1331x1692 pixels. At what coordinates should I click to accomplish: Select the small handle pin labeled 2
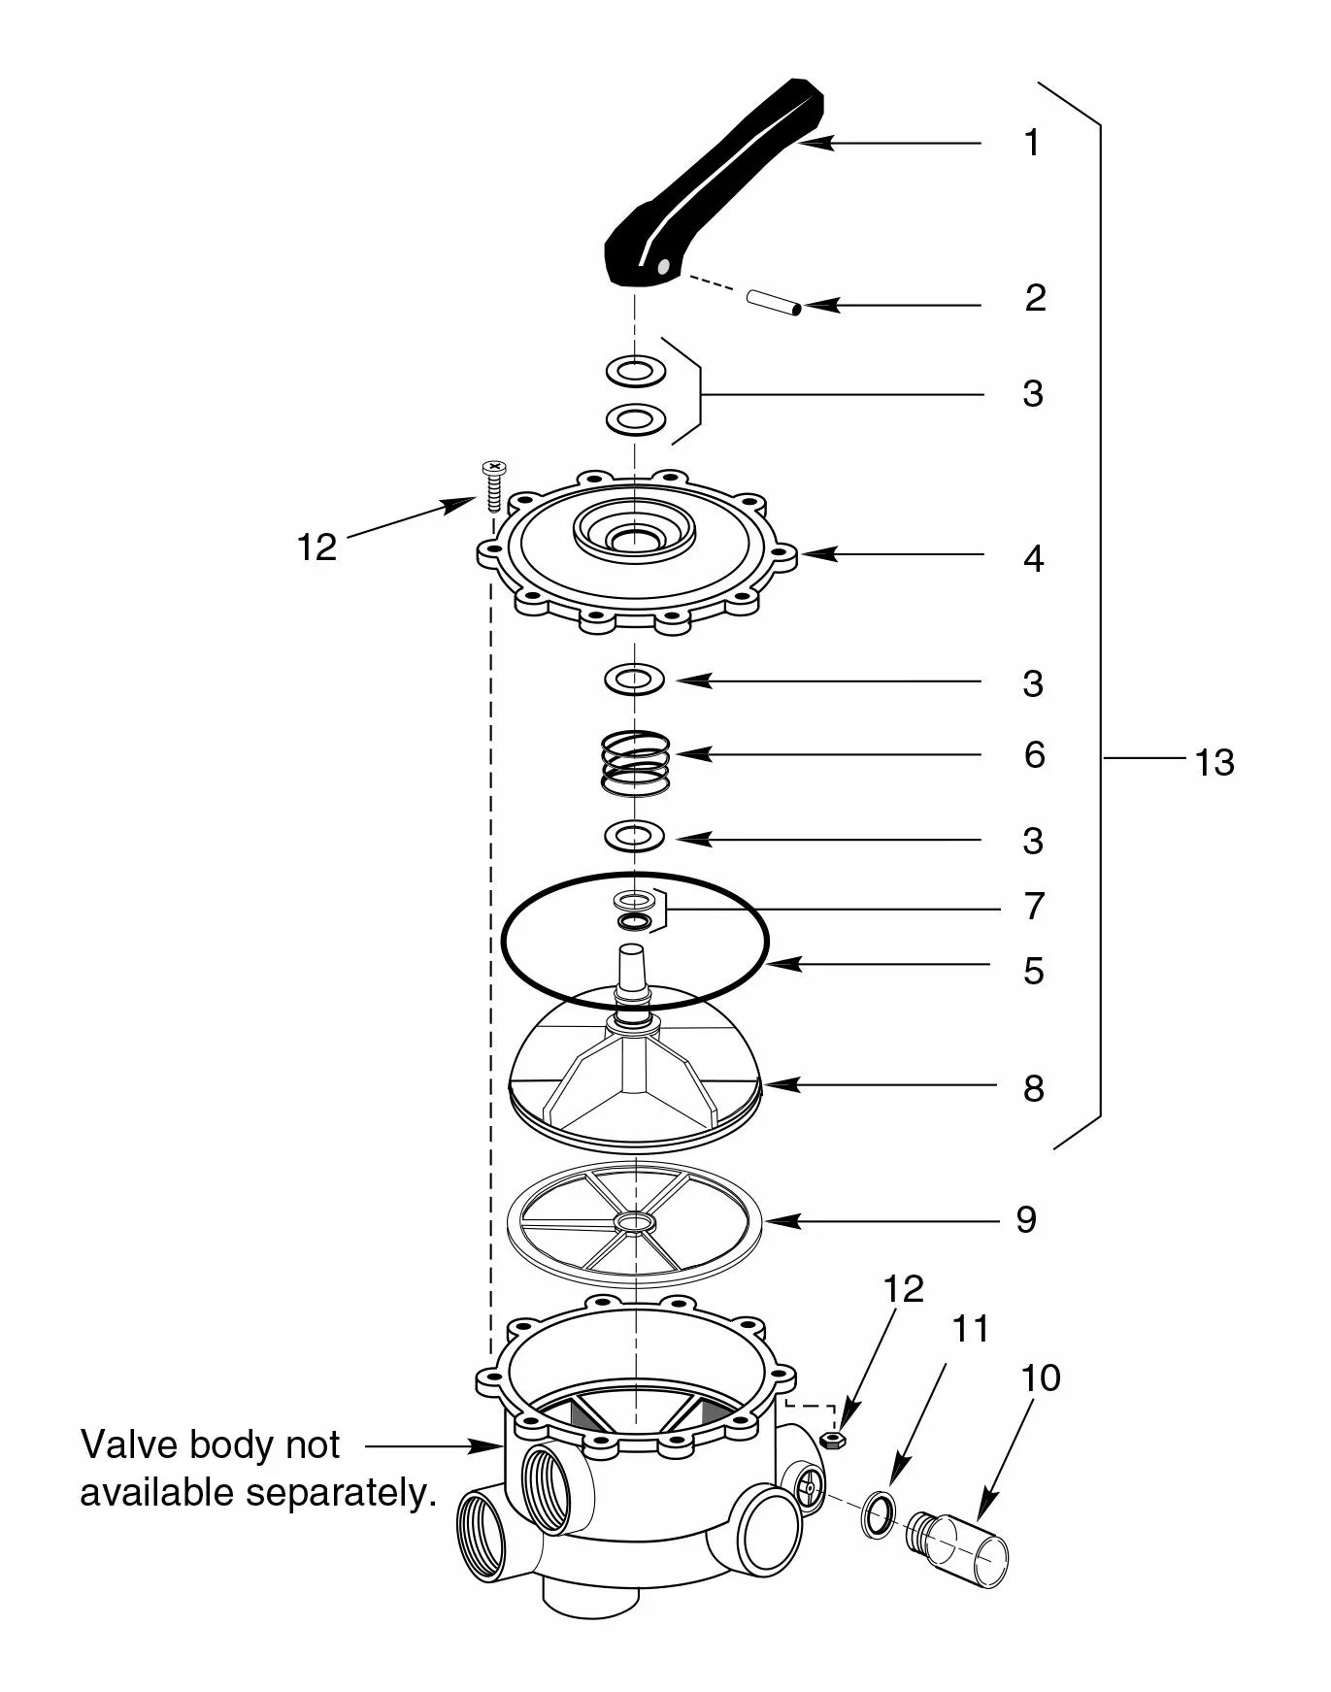pos(774,303)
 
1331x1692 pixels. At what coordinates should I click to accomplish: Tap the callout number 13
pos(1214,763)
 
